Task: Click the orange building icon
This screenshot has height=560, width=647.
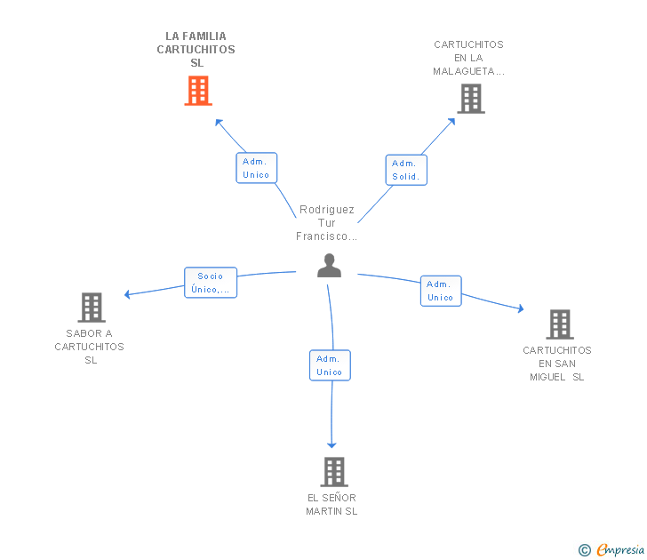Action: click(x=198, y=91)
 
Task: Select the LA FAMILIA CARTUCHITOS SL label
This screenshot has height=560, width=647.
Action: click(x=196, y=50)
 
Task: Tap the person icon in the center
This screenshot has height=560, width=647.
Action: click(x=329, y=266)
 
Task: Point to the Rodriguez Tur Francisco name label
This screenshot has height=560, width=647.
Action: click(x=326, y=223)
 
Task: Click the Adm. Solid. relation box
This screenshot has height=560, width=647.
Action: click(x=406, y=170)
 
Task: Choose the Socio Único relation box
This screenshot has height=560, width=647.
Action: click(x=211, y=283)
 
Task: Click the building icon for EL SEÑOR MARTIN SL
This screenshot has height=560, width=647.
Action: click(x=334, y=472)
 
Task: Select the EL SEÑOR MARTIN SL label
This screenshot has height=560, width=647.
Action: click(x=331, y=504)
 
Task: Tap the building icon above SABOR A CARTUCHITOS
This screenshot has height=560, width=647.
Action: click(x=92, y=308)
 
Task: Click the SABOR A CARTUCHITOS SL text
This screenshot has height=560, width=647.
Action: click(x=90, y=347)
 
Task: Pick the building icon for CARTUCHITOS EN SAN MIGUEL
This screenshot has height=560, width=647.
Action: click(x=560, y=324)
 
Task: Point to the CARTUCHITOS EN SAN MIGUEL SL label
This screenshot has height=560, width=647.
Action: click(x=557, y=364)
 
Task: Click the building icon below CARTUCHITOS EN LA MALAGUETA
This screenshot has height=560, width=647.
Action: click(x=471, y=99)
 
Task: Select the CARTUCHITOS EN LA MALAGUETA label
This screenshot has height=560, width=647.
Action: click(x=468, y=58)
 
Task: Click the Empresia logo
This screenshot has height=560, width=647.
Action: click(x=620, y=550)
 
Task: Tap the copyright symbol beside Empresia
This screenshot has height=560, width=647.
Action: click(x=585, y=550)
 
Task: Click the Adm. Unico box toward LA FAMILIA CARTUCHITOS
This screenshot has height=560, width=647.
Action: click(x=256, y=168)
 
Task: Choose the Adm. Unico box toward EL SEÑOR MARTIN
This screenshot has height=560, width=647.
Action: click(x=330, y=365)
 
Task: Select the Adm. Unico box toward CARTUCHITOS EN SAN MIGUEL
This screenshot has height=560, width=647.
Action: click(x=441, y=291)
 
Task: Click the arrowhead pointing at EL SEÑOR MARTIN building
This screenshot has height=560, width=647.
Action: click(x=331, y=445)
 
